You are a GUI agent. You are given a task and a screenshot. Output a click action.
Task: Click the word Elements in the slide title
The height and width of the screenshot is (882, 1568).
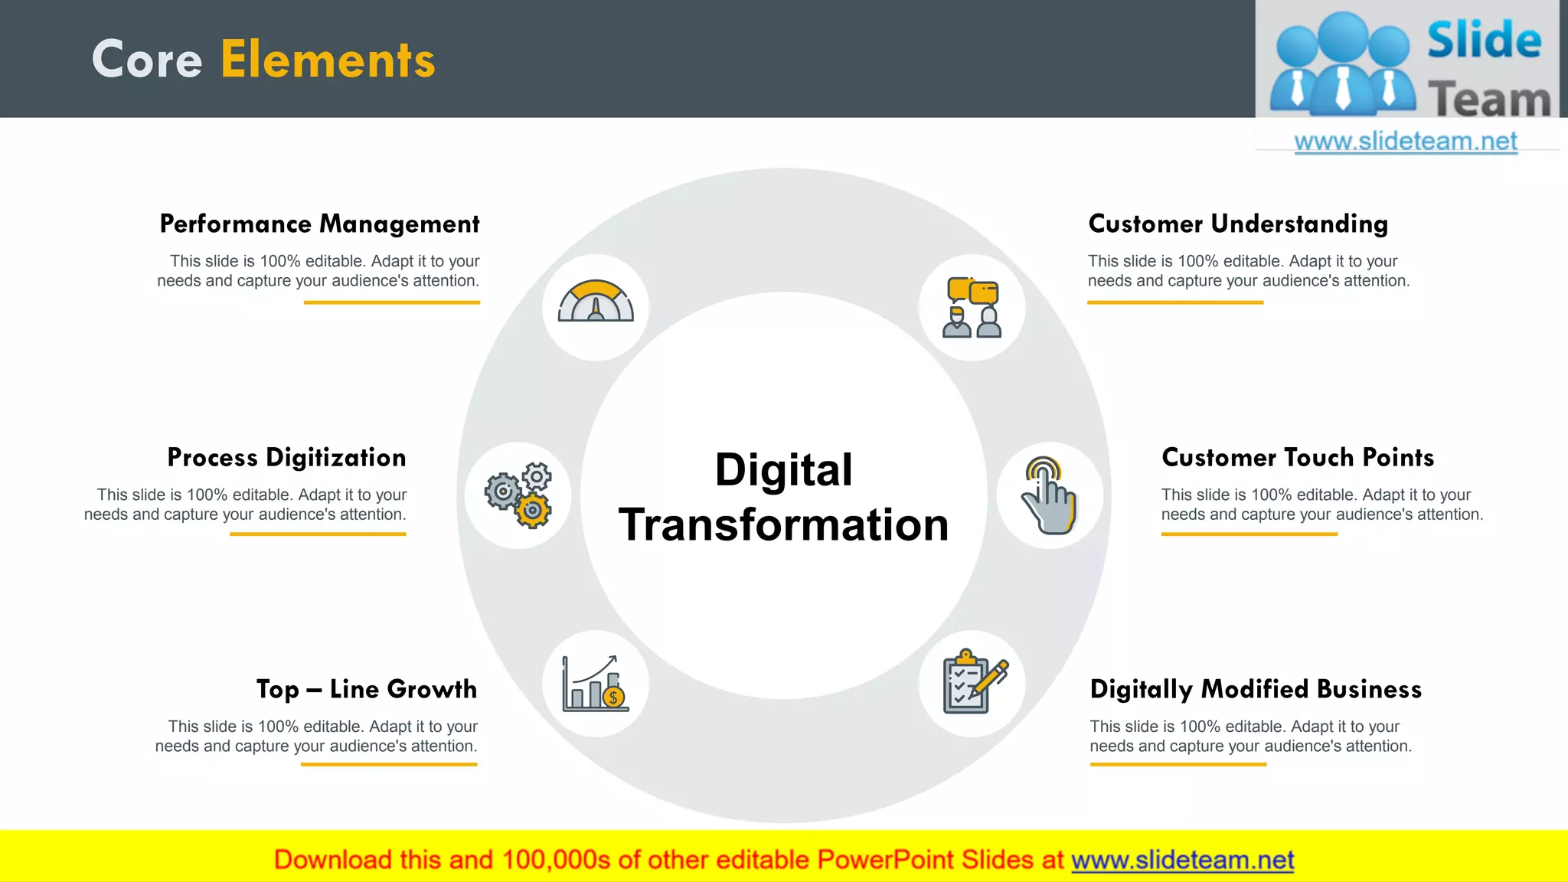pyautogui.click(x=328, y=60)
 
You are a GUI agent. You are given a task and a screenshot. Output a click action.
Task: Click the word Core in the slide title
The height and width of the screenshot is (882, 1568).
pyautogui.click(x=147, y=60)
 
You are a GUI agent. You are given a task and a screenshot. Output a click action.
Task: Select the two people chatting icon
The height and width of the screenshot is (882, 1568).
pyautogui.click(x=972, y=307)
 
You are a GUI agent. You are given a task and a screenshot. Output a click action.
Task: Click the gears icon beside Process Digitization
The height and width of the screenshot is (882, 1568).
pyautogui.click(x=518, y=495)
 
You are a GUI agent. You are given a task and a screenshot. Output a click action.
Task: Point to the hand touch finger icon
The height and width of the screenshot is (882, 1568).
pyautogui.click(x=1049, y=495)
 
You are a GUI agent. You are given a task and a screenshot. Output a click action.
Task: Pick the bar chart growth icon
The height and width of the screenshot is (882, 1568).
pyautogui.click(x=595, y=683)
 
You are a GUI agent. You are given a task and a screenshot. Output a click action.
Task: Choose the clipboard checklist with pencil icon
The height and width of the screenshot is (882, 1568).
pyautogui.click(x=973, y=682)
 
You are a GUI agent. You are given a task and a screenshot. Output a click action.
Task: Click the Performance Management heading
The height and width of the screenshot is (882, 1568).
pyautogui.click(x=319, y=224)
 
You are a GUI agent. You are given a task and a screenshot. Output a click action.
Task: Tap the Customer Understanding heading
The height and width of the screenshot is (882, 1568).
pyautogui.click(x=1238, y=224)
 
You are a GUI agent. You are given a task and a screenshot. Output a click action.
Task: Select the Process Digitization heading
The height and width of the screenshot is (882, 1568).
pyautogui.click(x=286, y=457)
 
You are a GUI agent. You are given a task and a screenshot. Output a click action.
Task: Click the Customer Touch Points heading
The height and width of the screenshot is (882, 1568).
pyautogui.click(x=1298, y=457)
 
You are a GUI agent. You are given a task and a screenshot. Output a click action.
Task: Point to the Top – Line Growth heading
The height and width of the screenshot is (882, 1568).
pyautogui.click(x=366, y=689)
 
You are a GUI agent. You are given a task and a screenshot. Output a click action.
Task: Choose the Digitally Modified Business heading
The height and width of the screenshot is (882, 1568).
pyautogui.click(x=1256, y=689)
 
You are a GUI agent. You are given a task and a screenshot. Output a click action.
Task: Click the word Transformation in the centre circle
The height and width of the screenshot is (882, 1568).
pyautogui.click(x=783, y=525)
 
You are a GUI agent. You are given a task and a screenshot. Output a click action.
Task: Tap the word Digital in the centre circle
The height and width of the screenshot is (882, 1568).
pyautogui.click(x=783, y=469)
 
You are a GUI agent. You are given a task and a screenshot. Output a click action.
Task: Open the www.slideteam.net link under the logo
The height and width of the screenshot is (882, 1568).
pyautogui.click(x=1405, y=142)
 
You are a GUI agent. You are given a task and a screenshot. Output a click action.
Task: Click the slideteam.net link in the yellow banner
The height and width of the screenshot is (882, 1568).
pyautogui.click(x=1182, y=860)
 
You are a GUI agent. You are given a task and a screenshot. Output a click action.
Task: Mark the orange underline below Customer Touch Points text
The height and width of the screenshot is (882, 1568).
pyautogui.click(x=1249, y=534)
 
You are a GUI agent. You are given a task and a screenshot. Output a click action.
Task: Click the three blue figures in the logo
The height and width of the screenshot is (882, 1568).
pyautogui.click(x=1342, y=65)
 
